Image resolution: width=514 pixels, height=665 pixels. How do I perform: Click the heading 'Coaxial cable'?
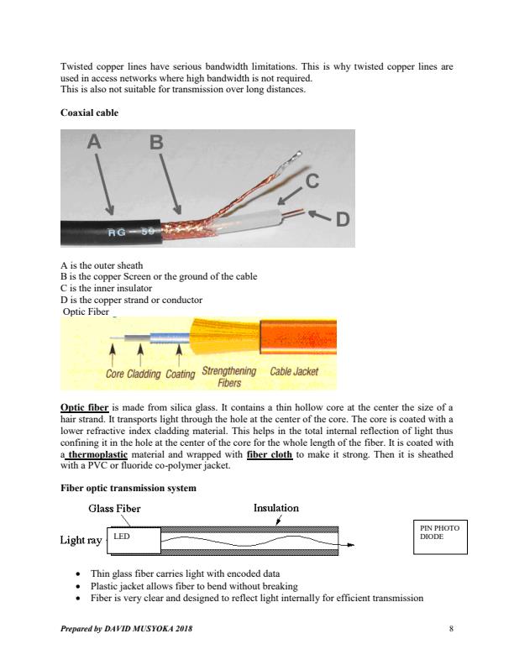point(90,112)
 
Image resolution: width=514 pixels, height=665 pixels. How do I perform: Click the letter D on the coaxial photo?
point(342,220)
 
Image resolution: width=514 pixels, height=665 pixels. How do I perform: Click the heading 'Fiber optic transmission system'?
point(128,487)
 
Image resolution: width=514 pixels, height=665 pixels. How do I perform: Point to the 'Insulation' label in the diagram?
point(275,507)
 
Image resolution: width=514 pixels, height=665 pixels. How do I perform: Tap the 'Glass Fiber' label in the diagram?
point(114,508)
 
